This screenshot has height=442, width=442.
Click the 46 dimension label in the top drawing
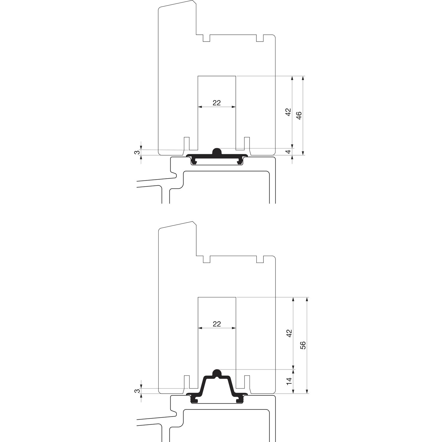(x=299, y=116)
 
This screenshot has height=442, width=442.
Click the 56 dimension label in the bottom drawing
(x=303, y=345)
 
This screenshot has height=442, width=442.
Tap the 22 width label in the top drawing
(x=217, y=103)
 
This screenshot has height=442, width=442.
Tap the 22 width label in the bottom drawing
(x=217, y=324)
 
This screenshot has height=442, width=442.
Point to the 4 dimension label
(x=288, y=151)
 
